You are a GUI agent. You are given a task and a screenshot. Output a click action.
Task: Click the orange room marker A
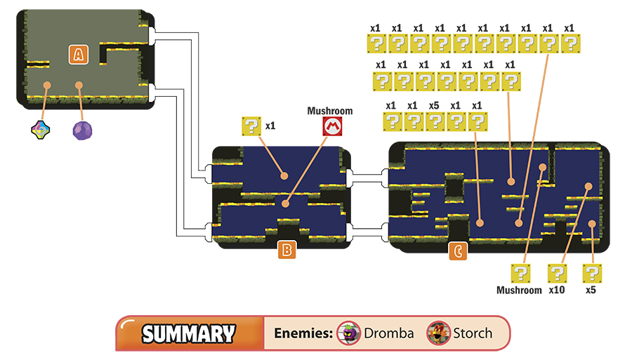tap(78, 54)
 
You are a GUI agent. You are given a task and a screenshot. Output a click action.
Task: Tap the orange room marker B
tap(287, 250)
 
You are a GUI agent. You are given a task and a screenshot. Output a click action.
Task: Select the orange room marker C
tap(458, 251)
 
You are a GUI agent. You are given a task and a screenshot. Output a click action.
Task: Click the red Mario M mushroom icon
tap(333, 126)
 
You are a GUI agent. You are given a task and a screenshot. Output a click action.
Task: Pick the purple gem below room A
tap(82, 131)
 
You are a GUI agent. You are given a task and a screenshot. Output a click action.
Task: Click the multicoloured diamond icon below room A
tap(41, 130)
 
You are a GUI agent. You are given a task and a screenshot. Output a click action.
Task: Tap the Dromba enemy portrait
tap(348, 333)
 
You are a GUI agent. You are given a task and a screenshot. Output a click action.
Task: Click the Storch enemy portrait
tap(439, 333)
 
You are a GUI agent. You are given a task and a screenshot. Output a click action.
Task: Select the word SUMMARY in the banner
tap(188, 334)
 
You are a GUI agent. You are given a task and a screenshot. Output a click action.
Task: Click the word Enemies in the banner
tap(303, 333)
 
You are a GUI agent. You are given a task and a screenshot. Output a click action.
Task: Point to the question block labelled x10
tap(557, 274)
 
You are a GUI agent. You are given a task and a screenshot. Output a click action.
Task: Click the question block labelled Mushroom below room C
tap(520, 274)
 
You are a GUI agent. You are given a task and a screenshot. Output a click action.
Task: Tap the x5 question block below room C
tap(592, 274)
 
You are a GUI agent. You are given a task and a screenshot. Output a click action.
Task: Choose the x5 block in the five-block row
tap(435, 121)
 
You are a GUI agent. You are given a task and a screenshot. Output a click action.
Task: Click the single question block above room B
tap(251, 126)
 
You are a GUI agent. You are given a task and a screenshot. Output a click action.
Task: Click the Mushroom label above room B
tap(330, 111)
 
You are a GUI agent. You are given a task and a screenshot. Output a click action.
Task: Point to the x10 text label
tap(557, 290)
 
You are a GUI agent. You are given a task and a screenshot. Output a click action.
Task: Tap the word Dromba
tap(388, 333)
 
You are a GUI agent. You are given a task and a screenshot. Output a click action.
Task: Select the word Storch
tap(473, 333)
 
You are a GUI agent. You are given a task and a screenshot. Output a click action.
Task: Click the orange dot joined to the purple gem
tap(79, 86)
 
